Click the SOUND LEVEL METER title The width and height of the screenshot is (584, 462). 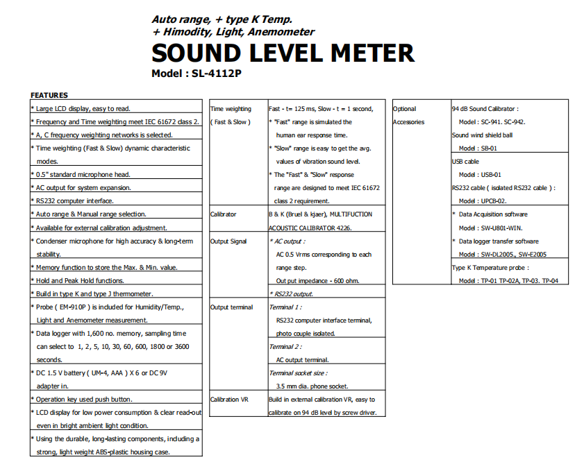[x=283, y=53]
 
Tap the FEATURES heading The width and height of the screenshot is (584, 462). [x=49, y=95]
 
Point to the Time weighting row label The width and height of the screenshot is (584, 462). [x=231, y=109]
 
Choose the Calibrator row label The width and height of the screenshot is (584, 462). [x=224, y=214]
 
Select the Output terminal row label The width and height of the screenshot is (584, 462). [x=232, y=307]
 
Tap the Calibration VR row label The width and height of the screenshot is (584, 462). [x=229, y=400]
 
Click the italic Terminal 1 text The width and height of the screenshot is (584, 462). [x=285, y=307]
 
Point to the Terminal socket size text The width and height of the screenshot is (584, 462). [x=302, y=373]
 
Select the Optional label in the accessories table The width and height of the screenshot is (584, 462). [x=405, y=109]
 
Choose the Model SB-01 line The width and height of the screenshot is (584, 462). [x=478, y=148]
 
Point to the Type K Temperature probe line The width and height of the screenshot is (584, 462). [x=490, y=268]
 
